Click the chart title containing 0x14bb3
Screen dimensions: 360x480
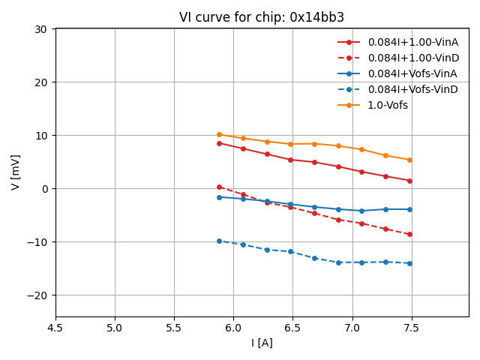click(262, 17)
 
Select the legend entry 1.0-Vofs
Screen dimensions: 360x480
click(388, 105)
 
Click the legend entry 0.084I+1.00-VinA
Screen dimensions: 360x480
click(412, 42)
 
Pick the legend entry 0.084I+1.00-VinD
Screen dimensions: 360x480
click(412, 58)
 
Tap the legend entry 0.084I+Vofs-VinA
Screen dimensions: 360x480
click(412, 73)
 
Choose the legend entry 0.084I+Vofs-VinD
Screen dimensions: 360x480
click(412, 89)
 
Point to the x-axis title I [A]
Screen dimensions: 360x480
click(262, 343)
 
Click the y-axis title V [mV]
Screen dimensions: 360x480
click(16, 172)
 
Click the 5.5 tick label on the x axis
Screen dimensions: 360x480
click(174, 328)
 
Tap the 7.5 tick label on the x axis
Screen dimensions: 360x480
click(412, 328)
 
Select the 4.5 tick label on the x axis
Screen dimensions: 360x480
click(55, 328)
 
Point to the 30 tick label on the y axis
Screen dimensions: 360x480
click(40, 29)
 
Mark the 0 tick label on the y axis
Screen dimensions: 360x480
click(43, 189)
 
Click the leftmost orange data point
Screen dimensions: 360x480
click(219, 135)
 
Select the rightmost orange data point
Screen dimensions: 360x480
click(409, 160)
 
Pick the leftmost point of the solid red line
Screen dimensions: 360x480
click(219, 143)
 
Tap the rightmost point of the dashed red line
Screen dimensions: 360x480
click(409, 235)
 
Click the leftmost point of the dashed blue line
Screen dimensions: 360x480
click(219, 241)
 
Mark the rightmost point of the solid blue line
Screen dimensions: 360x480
click(409, 209)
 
